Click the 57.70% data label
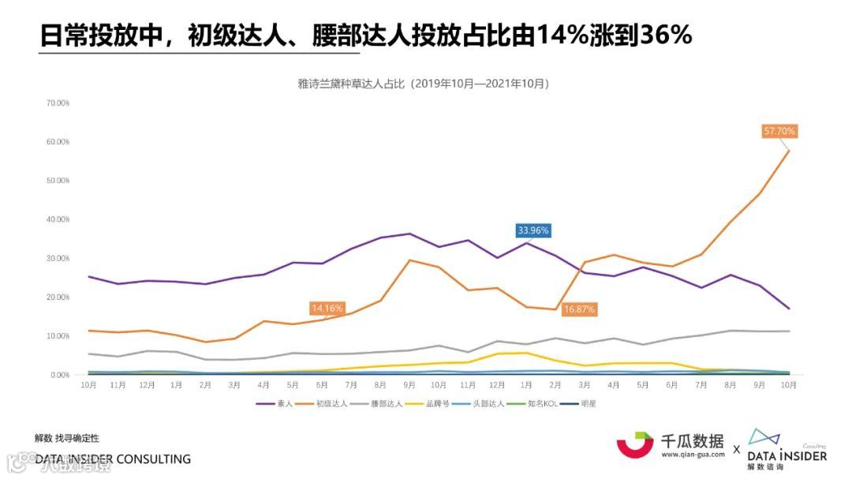point(779,131)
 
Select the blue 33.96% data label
point(533,230)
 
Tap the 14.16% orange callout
point(327,309)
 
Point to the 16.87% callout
point(579,309)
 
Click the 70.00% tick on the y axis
point(58,103)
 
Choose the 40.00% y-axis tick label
point(58,219)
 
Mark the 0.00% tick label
point(60,375)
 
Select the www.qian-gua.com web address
point(693,455)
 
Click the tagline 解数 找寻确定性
point(67,438)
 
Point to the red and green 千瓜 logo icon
point(635,444)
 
